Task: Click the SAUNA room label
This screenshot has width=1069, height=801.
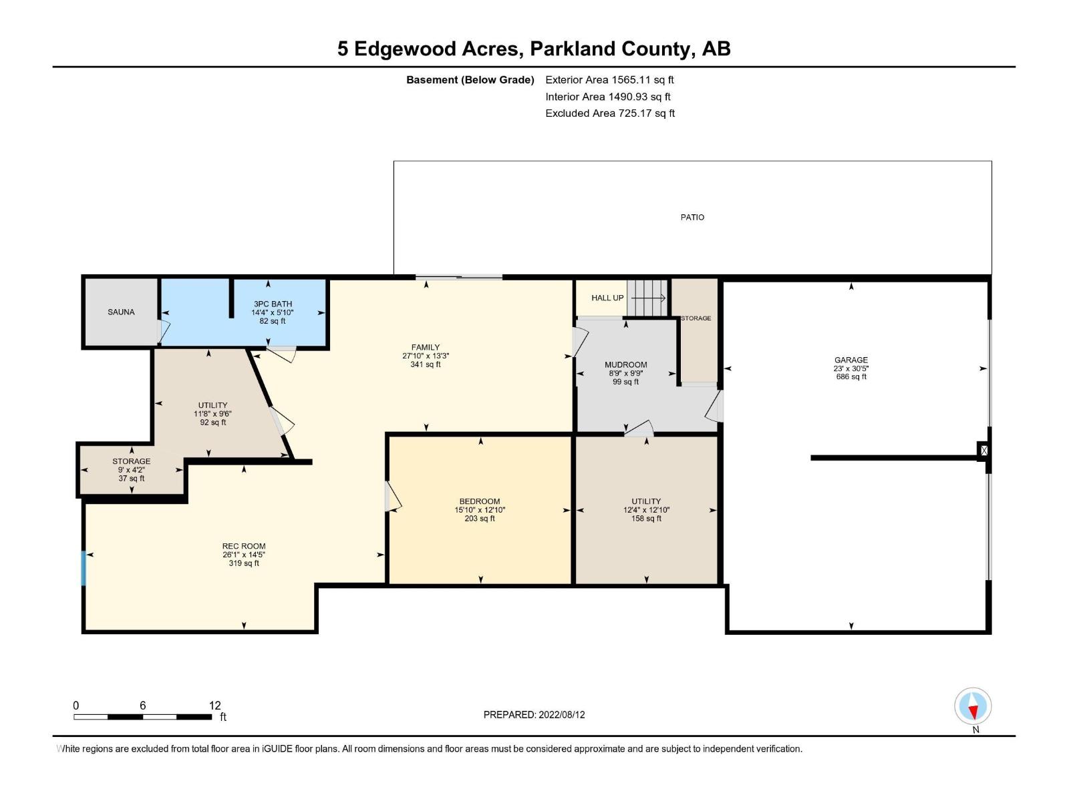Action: coord(121,312)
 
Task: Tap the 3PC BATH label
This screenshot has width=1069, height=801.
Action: coord(273,304)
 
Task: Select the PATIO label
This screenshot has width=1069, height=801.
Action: coord(692,217)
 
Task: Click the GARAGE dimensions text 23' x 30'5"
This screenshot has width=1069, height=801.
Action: coord(851,368)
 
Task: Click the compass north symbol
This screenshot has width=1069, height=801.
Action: coord(973,706)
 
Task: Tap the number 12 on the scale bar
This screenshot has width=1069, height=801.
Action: coord(214,706)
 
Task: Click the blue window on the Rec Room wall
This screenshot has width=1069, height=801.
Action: coord(84,568)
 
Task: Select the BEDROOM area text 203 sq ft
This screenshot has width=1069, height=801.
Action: coord(480,519)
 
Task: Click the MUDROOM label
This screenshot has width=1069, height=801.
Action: coord(625,364)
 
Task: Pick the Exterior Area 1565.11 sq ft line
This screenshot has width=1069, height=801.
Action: coord(609,79)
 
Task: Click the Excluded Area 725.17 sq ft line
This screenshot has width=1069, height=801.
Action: coord(609,113)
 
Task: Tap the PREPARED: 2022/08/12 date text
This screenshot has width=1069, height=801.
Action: coord(534,714)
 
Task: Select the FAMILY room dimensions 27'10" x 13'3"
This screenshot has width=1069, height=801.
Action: coord(426,356)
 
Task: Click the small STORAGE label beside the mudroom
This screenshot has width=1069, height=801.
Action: coord(696,318)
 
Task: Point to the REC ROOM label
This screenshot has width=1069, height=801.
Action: coord(244,546)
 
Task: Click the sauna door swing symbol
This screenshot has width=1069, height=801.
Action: coord(164,330)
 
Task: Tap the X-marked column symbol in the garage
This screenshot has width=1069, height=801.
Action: coord(983,451)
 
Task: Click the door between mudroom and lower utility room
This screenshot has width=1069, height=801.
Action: coord(639,429)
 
